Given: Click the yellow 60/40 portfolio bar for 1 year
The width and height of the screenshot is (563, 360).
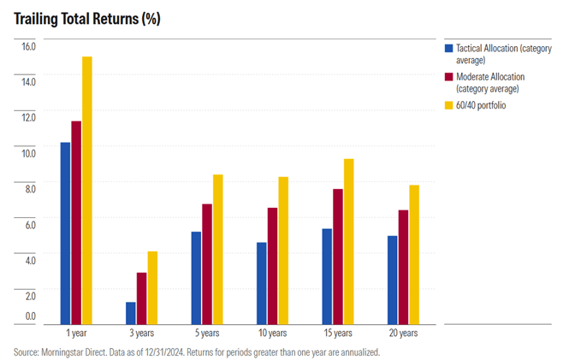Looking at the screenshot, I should click(86, 191).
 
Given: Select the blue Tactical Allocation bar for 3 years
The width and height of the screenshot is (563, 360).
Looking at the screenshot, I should click(131, 313).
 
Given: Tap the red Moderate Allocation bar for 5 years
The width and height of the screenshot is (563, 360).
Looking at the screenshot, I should click(207, 264).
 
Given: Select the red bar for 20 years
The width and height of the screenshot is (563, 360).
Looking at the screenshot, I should click(403, 267).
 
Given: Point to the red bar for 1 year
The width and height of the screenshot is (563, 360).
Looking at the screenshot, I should click(76, 222).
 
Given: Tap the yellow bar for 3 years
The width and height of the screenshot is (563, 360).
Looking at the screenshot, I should click(152, 288).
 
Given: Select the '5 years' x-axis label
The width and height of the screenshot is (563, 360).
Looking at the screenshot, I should click(206, 333).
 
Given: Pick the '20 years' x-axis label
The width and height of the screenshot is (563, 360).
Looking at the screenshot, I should click(402, 333).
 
